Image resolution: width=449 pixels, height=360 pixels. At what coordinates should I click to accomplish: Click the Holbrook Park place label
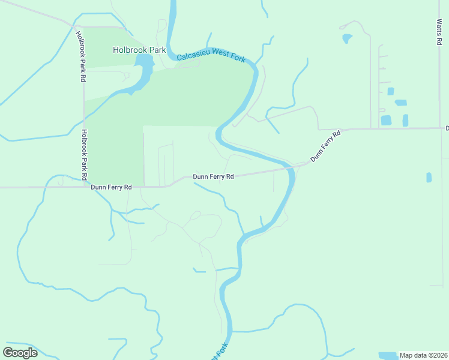[x=139, y=50]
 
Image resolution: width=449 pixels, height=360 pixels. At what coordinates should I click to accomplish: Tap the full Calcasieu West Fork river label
[x=212, y=58]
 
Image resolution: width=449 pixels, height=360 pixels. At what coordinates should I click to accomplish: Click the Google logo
[x=20, y=353]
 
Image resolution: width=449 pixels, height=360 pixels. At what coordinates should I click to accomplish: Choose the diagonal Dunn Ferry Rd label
[x=325, y=146]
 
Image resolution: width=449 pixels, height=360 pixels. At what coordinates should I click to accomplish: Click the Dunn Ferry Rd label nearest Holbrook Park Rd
[x=111, y=187]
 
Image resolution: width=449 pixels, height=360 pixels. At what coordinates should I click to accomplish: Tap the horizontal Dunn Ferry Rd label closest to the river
[x=212, y=177]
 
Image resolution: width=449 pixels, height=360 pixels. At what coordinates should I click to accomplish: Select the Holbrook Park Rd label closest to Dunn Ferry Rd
[x=85, y=151]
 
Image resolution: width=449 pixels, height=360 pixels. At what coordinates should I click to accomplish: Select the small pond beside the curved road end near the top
[x=347, y=39]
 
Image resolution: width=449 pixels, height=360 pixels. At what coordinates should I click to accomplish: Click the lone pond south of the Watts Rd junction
[x=429, y=177]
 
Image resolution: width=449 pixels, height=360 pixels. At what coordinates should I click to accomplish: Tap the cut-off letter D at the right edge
[x=447, y=128]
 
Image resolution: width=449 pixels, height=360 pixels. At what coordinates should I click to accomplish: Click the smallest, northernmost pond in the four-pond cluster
[x=391, y=91]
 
